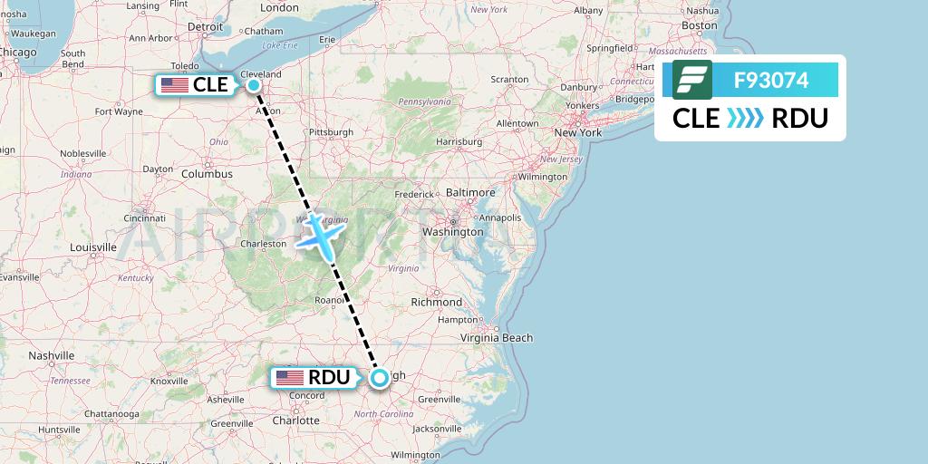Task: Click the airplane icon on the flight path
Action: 320,236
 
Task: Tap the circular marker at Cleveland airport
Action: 254,86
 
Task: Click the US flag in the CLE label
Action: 174,86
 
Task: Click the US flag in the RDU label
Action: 290,378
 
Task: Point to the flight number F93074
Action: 771,80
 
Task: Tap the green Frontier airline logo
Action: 692,80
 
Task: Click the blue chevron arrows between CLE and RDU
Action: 746,119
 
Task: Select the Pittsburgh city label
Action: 331,132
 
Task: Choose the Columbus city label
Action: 207,174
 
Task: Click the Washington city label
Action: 453,232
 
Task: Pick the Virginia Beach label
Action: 497,338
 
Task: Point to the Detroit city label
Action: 205,27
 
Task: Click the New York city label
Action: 578,133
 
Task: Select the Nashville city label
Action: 51,356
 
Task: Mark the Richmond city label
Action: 437,302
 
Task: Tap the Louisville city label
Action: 92,246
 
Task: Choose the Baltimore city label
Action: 470,193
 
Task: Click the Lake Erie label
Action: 279,45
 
